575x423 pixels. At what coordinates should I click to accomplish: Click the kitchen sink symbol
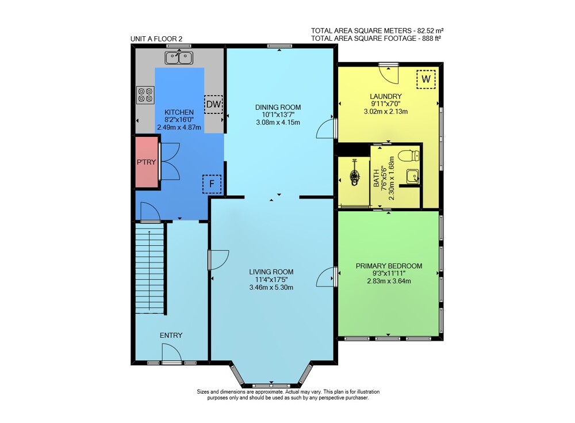pos(179,58)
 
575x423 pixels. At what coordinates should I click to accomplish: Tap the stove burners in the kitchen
pos(145,94)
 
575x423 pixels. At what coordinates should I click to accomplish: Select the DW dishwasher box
pos(213,104)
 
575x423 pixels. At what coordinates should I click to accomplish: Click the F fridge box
pos(212,184)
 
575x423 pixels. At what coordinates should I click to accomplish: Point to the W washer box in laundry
pos(425,79)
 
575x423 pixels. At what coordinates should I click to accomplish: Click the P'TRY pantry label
pos(146,162)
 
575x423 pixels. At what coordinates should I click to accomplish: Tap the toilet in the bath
pos(409,156)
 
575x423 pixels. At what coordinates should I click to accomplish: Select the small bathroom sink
pos(413,177)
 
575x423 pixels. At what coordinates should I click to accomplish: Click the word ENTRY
pos(171,336)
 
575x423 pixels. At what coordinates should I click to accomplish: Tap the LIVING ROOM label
pos(271,272)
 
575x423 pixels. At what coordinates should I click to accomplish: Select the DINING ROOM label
pos(278,107)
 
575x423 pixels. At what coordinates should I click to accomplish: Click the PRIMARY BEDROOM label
pos(389,266)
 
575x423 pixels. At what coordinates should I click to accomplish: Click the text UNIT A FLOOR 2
pos(156,39)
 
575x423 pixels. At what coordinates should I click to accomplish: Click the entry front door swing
pos(171,353)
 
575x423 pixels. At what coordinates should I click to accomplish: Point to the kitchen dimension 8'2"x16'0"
pos(179,120)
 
